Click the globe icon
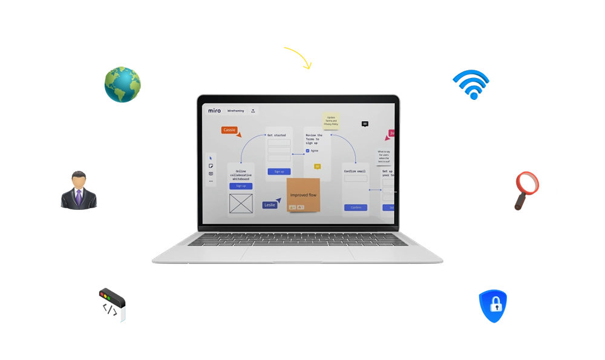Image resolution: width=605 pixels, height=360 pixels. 125,84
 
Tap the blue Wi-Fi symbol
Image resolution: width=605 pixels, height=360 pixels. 474,83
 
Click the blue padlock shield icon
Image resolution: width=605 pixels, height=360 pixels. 497,304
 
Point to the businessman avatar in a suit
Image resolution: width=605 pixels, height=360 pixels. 79,192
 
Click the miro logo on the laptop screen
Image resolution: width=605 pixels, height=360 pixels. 215,111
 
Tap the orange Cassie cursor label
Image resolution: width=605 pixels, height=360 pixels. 229,130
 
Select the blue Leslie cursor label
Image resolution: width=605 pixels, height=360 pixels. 270,205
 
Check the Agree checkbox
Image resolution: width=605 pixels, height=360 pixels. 307,151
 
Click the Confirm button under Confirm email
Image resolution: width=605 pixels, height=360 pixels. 356,208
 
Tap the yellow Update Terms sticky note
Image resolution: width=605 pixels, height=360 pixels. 331,121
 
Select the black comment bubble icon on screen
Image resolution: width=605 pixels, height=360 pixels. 365,123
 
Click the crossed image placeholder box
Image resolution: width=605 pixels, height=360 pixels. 241,204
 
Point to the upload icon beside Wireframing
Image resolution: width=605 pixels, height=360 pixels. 253,111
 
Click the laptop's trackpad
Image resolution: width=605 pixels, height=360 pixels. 298,254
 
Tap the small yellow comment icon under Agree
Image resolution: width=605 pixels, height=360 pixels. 317,166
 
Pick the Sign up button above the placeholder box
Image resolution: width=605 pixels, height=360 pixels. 240,186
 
